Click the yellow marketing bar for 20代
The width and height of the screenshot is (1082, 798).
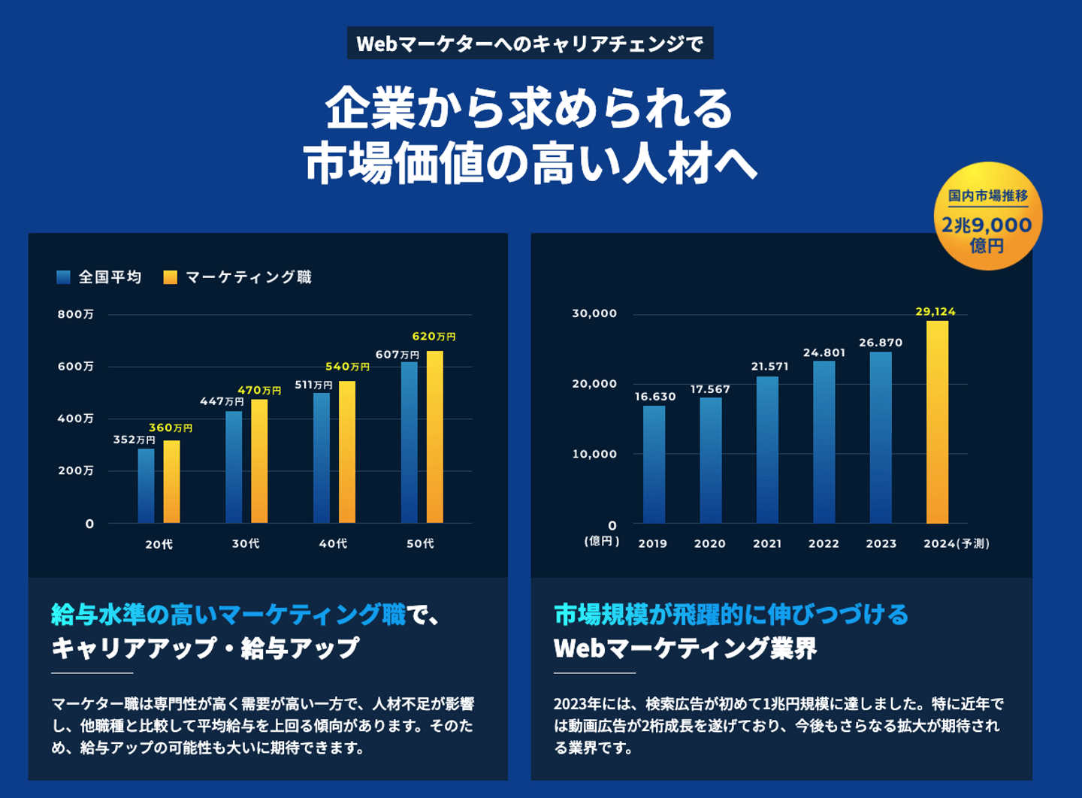point(171,482)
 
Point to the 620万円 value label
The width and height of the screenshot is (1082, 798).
point(434,337)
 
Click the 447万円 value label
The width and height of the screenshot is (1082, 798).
point(222,401)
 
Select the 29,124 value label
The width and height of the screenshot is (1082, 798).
point(935,311)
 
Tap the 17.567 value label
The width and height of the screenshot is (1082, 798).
point(710,389)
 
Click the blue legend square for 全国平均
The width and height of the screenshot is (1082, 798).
point(64,277)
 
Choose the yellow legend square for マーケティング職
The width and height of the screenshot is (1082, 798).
point(171,277)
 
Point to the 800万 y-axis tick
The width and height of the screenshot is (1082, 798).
point(76,314)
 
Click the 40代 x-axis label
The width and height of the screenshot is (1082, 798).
point(333,543)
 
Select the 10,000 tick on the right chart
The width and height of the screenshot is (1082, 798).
point(594,454)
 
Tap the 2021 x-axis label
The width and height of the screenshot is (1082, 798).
point(767,543)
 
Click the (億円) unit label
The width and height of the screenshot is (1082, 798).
point(602,541)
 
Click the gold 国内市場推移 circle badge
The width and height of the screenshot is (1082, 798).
point(987,216)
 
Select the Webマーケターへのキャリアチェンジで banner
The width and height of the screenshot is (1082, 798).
point(530,44)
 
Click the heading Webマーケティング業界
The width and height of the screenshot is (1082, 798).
point(685,648)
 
